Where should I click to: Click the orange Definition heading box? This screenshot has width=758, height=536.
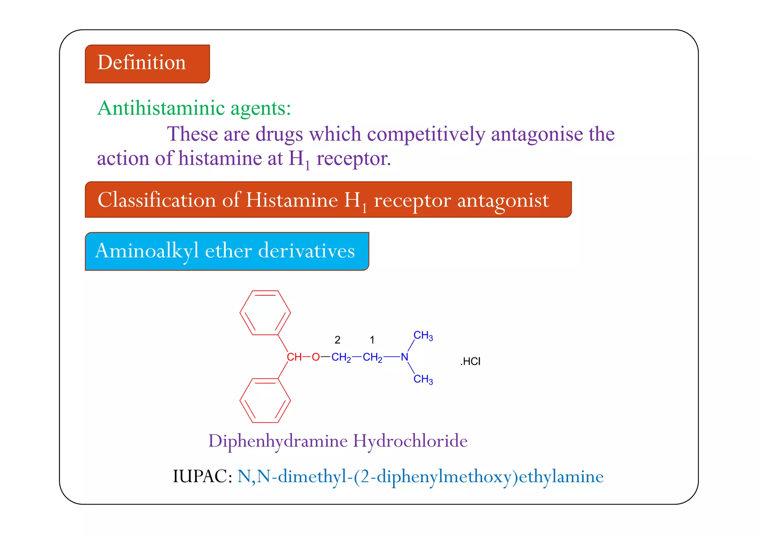[147, 64]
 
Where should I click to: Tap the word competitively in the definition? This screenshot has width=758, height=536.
[426, 134]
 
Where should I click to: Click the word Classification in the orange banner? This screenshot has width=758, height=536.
[156, 200]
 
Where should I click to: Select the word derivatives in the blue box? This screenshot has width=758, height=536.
[306, 251]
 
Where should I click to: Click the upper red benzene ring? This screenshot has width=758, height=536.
[265, 313]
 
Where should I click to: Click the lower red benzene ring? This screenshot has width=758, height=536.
[265, 400]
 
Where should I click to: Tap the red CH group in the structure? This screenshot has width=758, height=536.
[294, 357]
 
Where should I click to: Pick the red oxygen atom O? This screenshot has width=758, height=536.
[315, 357]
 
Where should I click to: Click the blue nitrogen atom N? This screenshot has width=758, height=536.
[404, 357]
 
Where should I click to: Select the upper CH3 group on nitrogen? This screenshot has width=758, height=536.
[423, 336]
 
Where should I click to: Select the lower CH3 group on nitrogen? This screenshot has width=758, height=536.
[423, 379]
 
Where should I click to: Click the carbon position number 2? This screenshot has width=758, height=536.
[337, 340]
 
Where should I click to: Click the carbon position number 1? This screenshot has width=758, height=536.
[372, 340]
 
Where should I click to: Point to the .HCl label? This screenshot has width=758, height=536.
[470, 362]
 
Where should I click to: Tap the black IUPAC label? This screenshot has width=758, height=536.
[202, 477]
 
